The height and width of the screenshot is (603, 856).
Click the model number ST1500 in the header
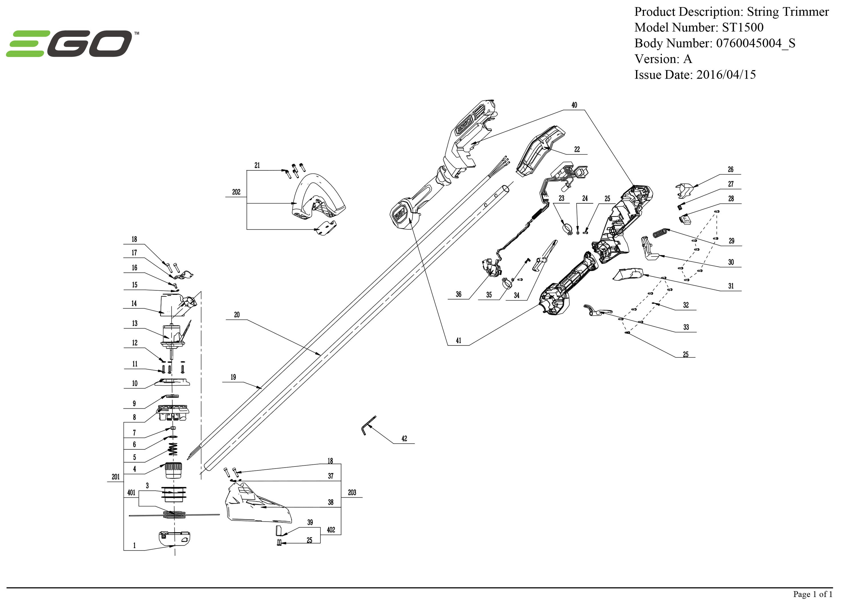(743, 28)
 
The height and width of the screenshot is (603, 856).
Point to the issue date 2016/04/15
(726, 75)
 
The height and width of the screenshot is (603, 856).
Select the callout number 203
(352, 493)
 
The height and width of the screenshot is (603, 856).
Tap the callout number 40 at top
(574, 105)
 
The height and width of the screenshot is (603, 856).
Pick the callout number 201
(116, 477)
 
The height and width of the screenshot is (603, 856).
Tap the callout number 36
(459, 295)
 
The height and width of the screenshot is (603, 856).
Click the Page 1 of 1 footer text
(813, 594)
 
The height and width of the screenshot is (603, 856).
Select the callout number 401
(131, 493)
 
